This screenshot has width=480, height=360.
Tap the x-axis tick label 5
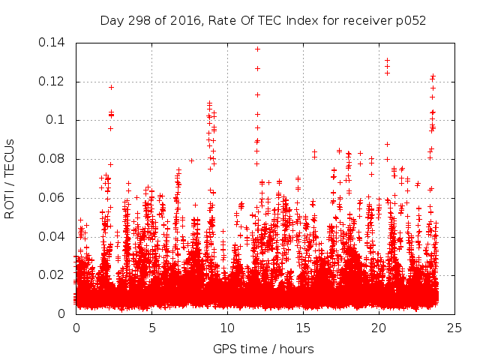point(151,328)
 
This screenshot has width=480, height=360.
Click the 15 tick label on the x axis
point(303,328)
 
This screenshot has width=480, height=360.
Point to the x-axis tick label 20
point(379,328)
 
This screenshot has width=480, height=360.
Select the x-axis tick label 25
point(454,328)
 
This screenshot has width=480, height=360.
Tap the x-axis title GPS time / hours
point(263,349)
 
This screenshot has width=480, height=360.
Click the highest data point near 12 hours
point(257,49)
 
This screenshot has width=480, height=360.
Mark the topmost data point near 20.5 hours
point(387,61)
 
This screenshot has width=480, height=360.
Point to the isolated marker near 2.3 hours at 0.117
point(111,87)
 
